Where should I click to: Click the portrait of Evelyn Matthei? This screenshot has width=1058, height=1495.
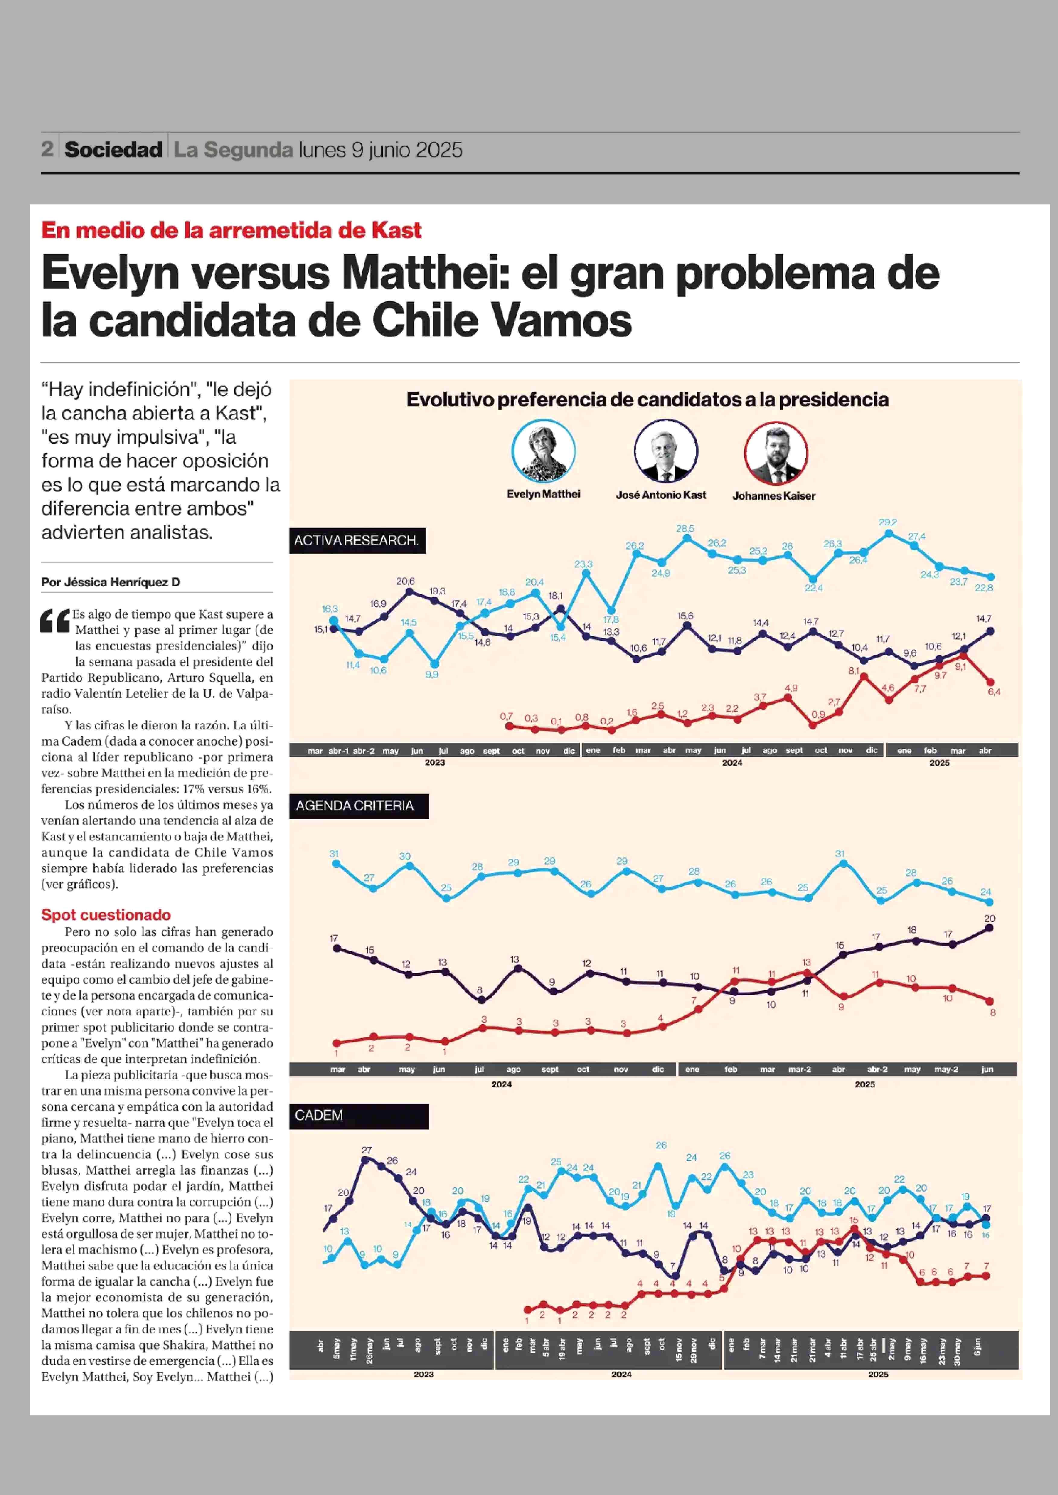pyautogui.click(x=543, y=451)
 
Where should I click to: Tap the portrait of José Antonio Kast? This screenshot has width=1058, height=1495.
pyautogui.click(x=666, y=451)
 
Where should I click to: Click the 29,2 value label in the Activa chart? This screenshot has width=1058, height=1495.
pyautogui.click(x=887, y=522)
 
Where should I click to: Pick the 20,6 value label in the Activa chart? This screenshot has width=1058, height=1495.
pyautogui.click(x=405, y=581)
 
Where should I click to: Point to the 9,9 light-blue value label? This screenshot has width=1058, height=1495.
pyautogui.click(x=432, y=675)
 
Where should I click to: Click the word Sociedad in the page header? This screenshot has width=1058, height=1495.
pyautogui.click(x=113, y=150)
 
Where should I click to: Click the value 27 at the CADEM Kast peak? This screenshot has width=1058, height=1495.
pyautogui.click(x=367, y=1150)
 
